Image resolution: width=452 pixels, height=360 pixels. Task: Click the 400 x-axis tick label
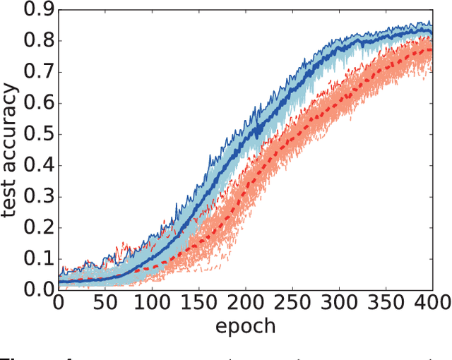[x=431, y=303]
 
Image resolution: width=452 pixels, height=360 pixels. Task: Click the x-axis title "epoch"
[x=245, y=326]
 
